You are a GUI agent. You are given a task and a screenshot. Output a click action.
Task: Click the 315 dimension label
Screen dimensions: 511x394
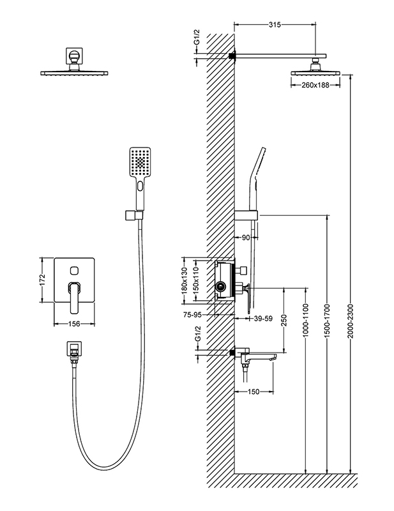[275, 25]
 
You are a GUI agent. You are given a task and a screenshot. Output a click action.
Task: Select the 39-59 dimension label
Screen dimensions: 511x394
[262, 317]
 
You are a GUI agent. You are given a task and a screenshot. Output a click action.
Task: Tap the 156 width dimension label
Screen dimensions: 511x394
[75, 324]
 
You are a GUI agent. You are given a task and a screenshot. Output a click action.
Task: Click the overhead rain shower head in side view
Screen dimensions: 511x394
[315, 73]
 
